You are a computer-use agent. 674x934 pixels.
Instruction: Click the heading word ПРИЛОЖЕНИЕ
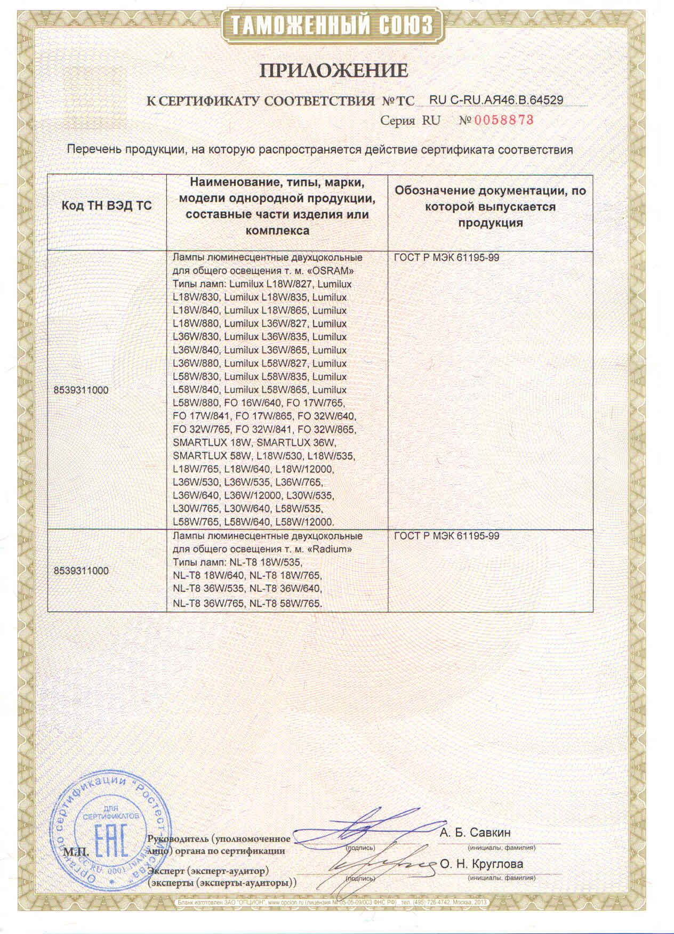pyautogui.click(x=334, y=71)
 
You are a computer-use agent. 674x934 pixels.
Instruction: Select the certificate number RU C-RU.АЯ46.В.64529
pyautogui.click(x=496, y=100)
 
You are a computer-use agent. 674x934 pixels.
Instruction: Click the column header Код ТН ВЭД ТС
pyautogui.click(x=107, y=206)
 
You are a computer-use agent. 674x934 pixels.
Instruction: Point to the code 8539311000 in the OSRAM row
pyautogui.click(x=81, y=390)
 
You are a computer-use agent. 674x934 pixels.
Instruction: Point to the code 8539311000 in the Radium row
pyautogui.click(x=81, y=570)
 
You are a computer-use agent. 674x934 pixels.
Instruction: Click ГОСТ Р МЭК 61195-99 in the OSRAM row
pyautogui.click(x=447, y=258)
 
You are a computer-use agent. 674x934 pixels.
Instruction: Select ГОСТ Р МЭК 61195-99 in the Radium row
pyautogui.click(x=447, y=536)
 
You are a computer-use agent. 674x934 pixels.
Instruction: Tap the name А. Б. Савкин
pyautogui.click(x=475, y=832)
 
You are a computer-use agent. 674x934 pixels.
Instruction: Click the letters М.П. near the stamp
pyautogui.click(x=73, y=851)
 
